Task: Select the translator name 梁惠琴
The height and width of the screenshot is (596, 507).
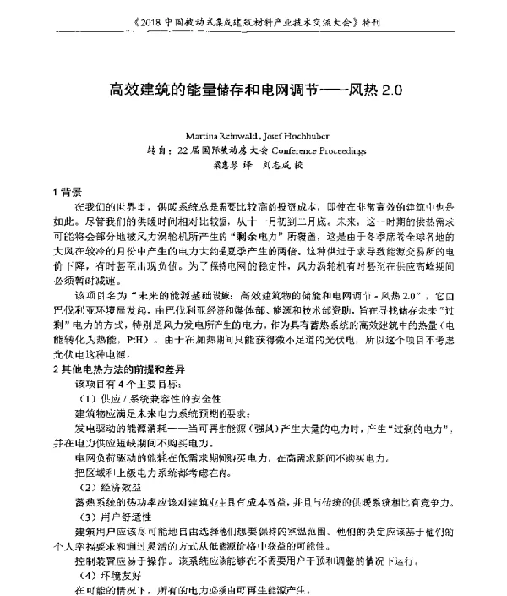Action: (221, 166)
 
